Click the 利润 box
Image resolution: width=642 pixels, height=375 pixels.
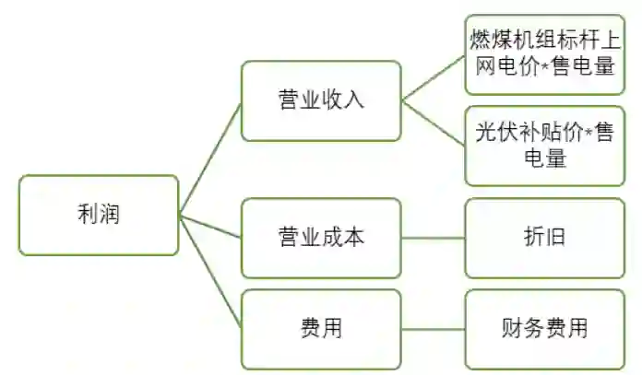pyautogui.click(x=99, y=215)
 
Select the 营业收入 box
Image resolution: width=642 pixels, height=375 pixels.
pyautogui.click(x=321, y=100)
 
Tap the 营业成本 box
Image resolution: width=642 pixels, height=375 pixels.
pyautogui.click(x=321, y=237)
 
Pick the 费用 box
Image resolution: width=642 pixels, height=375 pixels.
pyautogui.click(x=321, y=329)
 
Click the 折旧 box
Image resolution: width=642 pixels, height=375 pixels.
pyautogui.click(x=543, y=237)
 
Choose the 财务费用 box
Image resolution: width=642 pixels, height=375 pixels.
pyautogui.click(x=543, y=329)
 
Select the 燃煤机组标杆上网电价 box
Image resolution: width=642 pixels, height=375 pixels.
pyautogui.click(x=543, y=53)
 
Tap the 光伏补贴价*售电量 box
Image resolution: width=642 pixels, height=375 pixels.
pyautogui.click(x=543, y=145)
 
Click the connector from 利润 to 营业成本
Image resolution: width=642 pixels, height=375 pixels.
pyautogui.click(x=210, y=227)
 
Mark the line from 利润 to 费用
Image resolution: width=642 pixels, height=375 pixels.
pyautogui.click(x=210, y=272)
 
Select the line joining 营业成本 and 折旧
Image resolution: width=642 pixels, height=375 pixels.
pyautogui.click(x=433, y=238)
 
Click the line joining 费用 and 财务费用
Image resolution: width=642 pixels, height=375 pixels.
pyautogui.click(x=433, y=329)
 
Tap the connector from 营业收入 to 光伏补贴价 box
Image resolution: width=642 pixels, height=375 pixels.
pyautogui.click(x=433, y=123)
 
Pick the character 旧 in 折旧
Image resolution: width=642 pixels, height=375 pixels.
pyautogui.click(x=554, y=237)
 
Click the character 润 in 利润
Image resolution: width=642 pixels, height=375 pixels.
pyautogui.click(x=109, y=215)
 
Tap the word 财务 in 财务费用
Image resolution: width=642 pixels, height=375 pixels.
pyautogui.click(x=521, y=329)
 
